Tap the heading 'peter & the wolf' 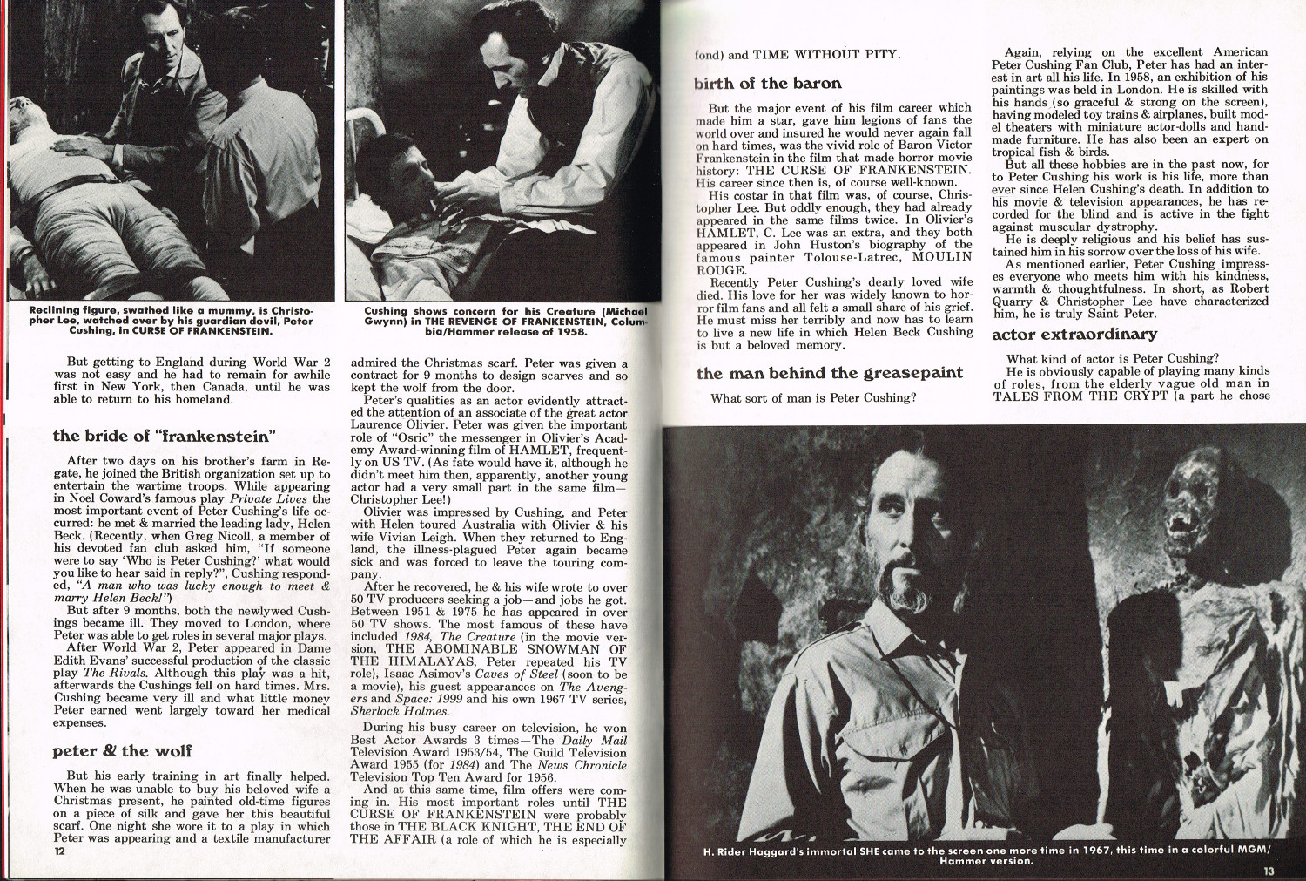(x=122, y=751)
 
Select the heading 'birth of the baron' (x=768, y=84)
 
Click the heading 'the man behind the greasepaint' (x=830, y=373)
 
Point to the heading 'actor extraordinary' (x=1074, y=335)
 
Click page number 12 (x=59, y=851)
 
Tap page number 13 (x=1269, y=870)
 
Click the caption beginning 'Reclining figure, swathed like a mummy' (x=171, y=321)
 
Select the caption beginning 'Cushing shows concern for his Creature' (x=505, y=321)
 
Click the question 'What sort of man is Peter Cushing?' (x=813, y=398)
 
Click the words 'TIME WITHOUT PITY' (x=825, y=54)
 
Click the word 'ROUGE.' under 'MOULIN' (x=721, y=270)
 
